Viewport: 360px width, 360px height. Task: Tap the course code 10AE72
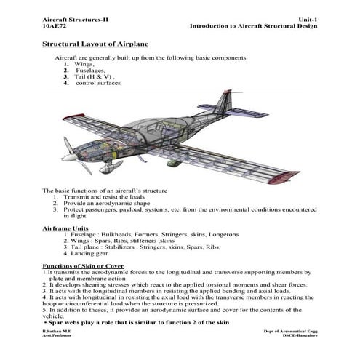[57, 25]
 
